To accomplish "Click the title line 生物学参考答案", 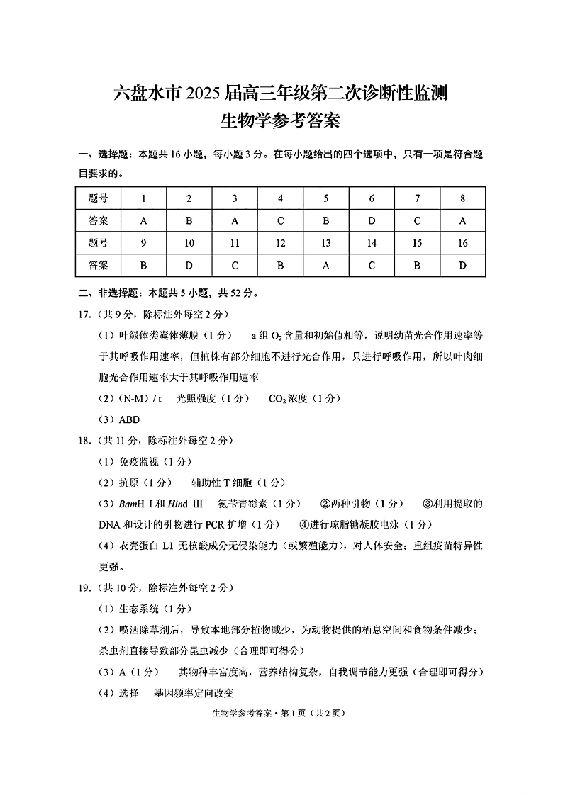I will [x=281, y=121].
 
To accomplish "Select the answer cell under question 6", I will [x=372, y=220].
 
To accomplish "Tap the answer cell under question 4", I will [x=280, y=220].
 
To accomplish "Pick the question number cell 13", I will [x=326, y=243].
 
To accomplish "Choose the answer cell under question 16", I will [x=462, y=266].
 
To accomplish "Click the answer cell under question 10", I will [x=189, y=266].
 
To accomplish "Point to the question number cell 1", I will [x=144, y=198].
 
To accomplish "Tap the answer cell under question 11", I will [x=235, y=266].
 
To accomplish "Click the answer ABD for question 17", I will [x=129, y=419].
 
